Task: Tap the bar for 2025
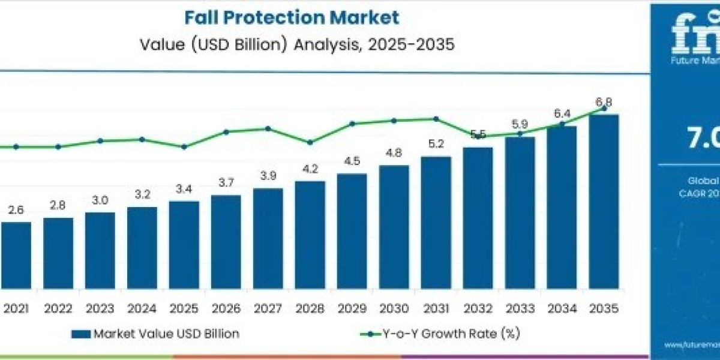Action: tap(184, 252)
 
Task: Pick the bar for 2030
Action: tap(394, 234)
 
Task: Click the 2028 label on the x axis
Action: tap(310, 309)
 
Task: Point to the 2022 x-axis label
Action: tap(58, 309)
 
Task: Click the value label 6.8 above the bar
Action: tap(604, 102)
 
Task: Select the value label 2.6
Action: tap(16, 210)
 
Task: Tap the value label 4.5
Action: tap(352, 161)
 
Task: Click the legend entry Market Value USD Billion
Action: tap(155, 334)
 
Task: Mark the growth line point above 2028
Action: tap(310, 142)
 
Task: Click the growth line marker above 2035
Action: tap(604, 109)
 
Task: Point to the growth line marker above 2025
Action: tap(184, 146)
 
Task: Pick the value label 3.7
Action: tap(226, 182)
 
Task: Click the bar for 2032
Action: tap(478, 228)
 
